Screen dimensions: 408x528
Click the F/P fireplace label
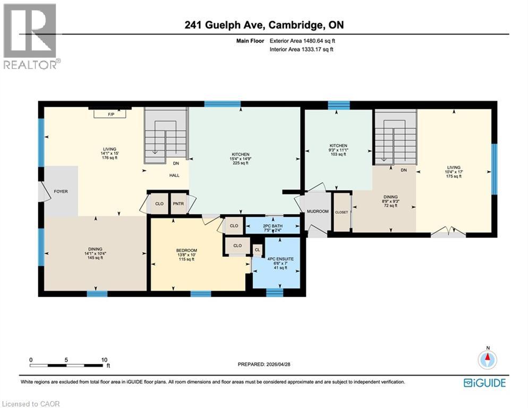click(x=110, y=114)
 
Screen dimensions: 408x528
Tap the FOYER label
click(x=61, y=191)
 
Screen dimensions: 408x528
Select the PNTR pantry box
click(x=177, y=203)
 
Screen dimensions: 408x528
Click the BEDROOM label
click(x=186, y=251)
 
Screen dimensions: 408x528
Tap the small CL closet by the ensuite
click(x=257, y=249)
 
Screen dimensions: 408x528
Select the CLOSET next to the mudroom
click(x=342, y=212)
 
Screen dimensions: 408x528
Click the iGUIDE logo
click(x=484, y=382)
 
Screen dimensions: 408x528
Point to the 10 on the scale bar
click(x=104, y=359)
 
